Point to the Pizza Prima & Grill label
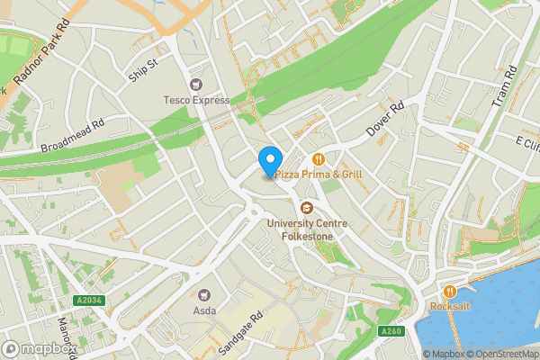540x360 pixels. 319,173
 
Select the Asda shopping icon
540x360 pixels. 204,293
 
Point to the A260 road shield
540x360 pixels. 391,331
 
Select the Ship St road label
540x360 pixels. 143,70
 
